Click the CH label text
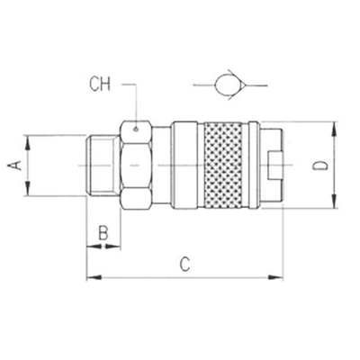[100, 85]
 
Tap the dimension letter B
[103, 233]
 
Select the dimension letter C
[185, 265]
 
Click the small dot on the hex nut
[136, 130]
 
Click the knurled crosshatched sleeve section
[223, 165]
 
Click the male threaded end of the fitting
[103, 166]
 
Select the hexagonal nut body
[136, 166]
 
